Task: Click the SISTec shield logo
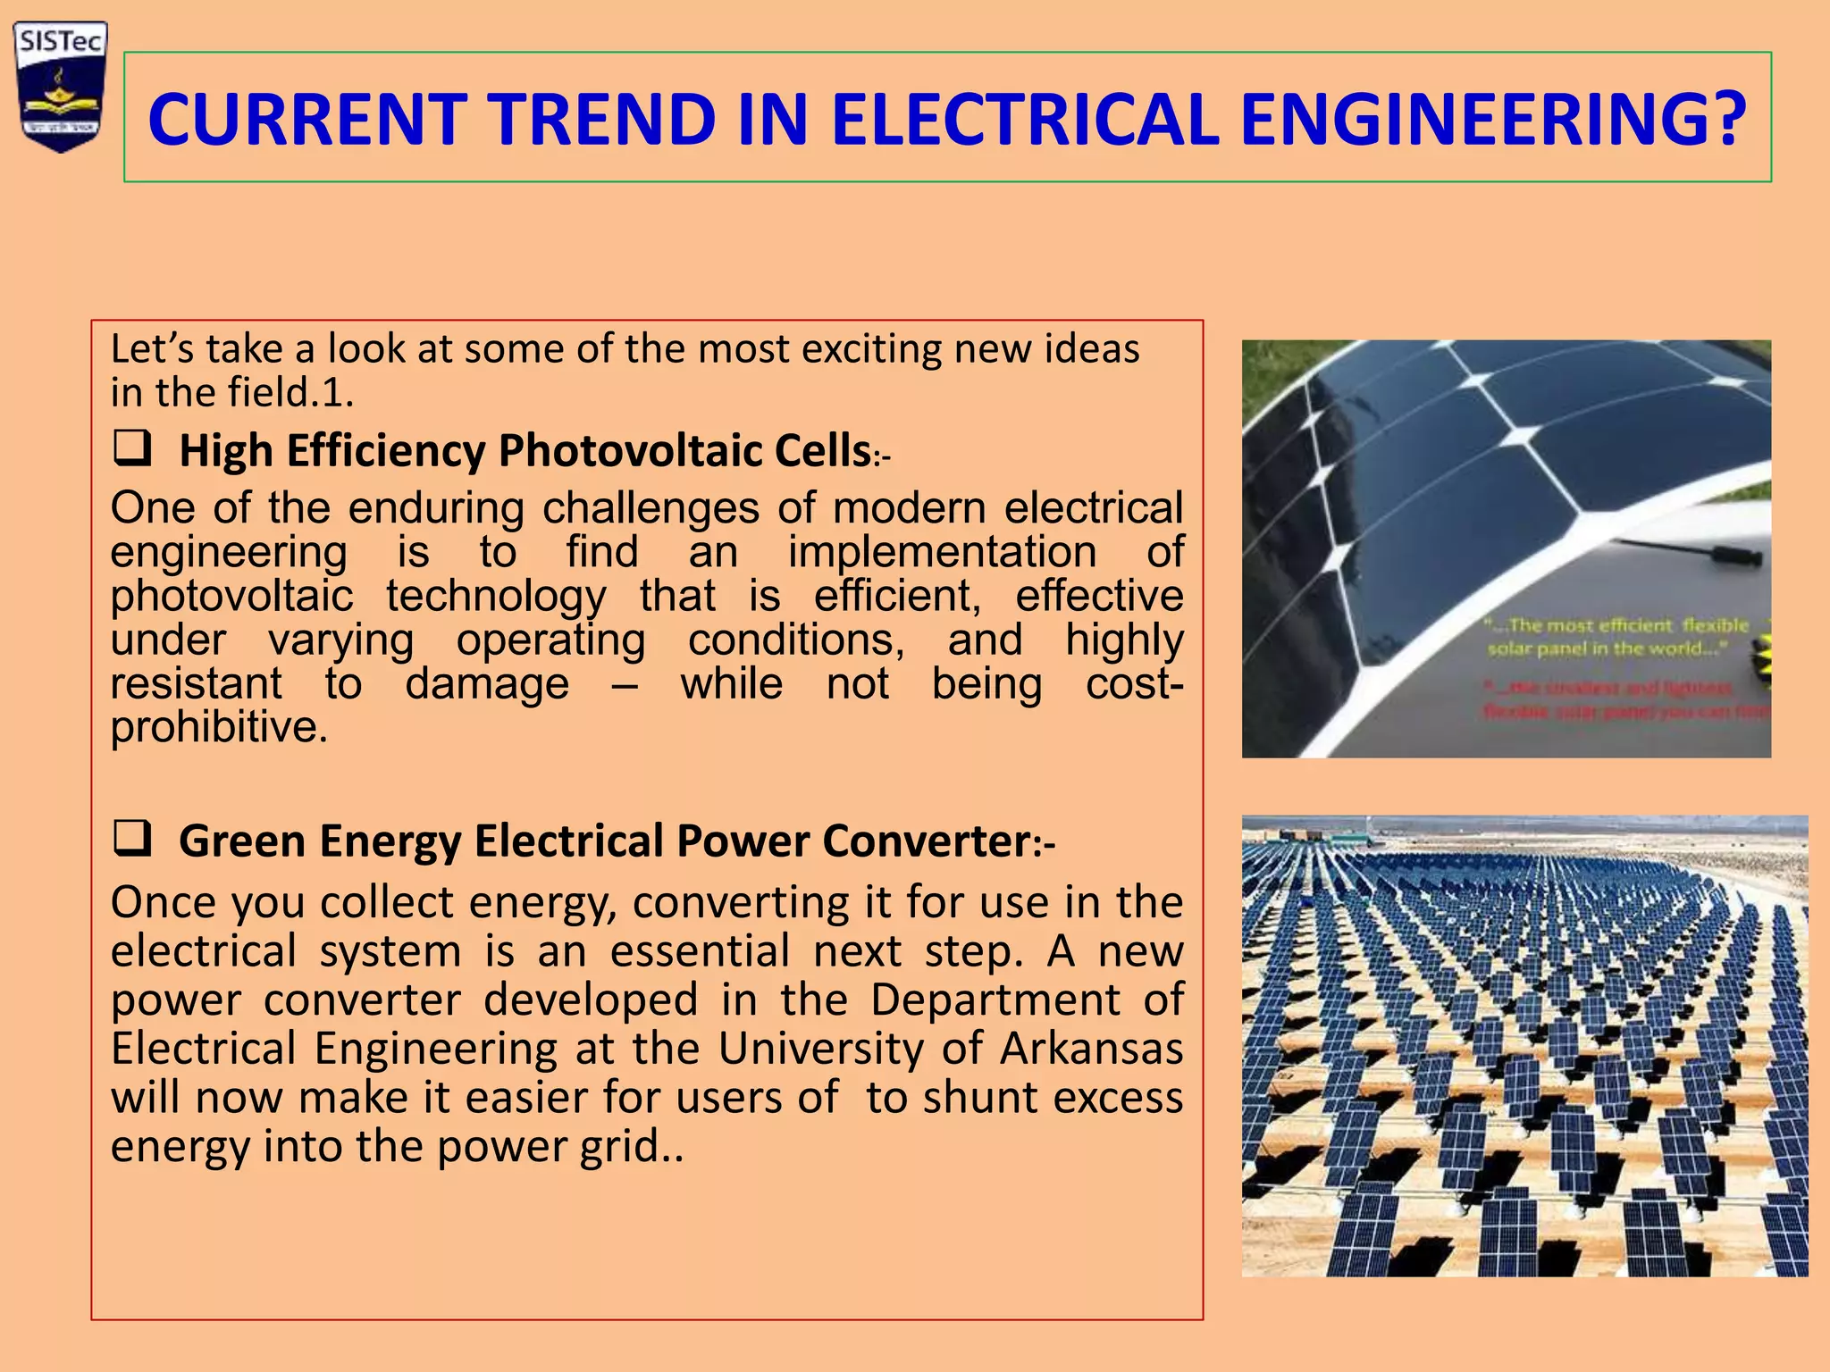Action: (x=61, y=87)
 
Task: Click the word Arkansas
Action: (x=1091, y=1049)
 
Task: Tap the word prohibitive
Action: (x=218, y=727)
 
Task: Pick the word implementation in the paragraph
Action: (x=942, y=552)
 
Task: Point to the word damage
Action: (x=487, y=684)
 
